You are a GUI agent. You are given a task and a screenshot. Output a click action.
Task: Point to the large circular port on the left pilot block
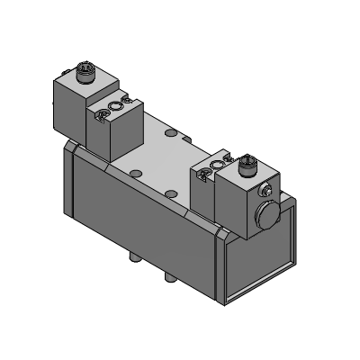click(114, 107)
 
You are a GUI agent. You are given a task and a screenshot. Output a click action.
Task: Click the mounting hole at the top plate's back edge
click(172, 132)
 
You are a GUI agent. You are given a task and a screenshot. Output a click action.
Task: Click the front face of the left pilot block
click(106, 135)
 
